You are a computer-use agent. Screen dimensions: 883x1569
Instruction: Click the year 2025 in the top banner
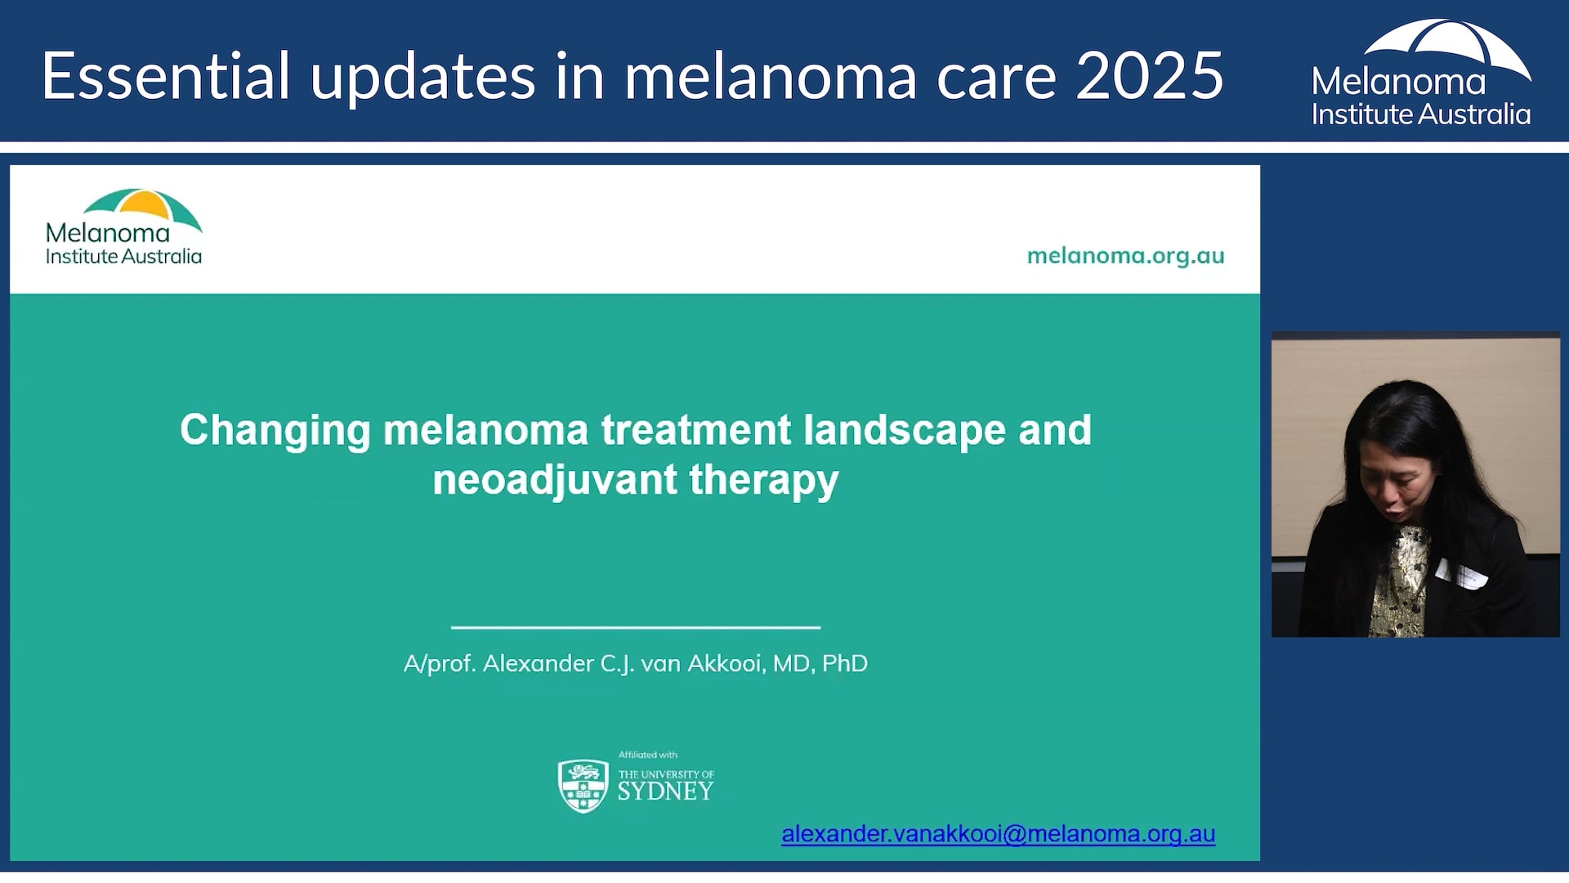(x=1150, y=76)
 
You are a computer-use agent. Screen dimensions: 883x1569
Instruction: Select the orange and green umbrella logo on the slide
(x=144, y=208)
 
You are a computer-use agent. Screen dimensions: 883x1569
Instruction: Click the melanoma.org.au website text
(x=1125, y=256)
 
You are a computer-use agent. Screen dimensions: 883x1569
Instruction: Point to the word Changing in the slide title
(x=275, y=431)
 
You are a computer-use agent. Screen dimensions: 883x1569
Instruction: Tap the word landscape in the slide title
(x=905, y=431)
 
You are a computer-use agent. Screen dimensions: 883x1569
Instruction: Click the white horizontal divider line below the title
(x=636, y=627)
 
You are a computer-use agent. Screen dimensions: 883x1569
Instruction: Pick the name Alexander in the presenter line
(x=539, y=663)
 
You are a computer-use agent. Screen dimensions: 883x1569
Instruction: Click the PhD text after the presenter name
(x=845, y=663)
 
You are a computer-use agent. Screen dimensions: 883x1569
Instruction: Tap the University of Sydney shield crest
(x=583, y=785)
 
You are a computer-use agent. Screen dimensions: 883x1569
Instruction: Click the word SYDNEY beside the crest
(x=665, y=791)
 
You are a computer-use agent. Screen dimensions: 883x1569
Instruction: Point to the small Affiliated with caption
(x=648, y=755)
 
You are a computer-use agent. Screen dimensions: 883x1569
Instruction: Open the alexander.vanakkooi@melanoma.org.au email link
(x=998, y=834)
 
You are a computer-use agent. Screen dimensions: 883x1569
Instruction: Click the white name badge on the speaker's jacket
(x=1463, y=574)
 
